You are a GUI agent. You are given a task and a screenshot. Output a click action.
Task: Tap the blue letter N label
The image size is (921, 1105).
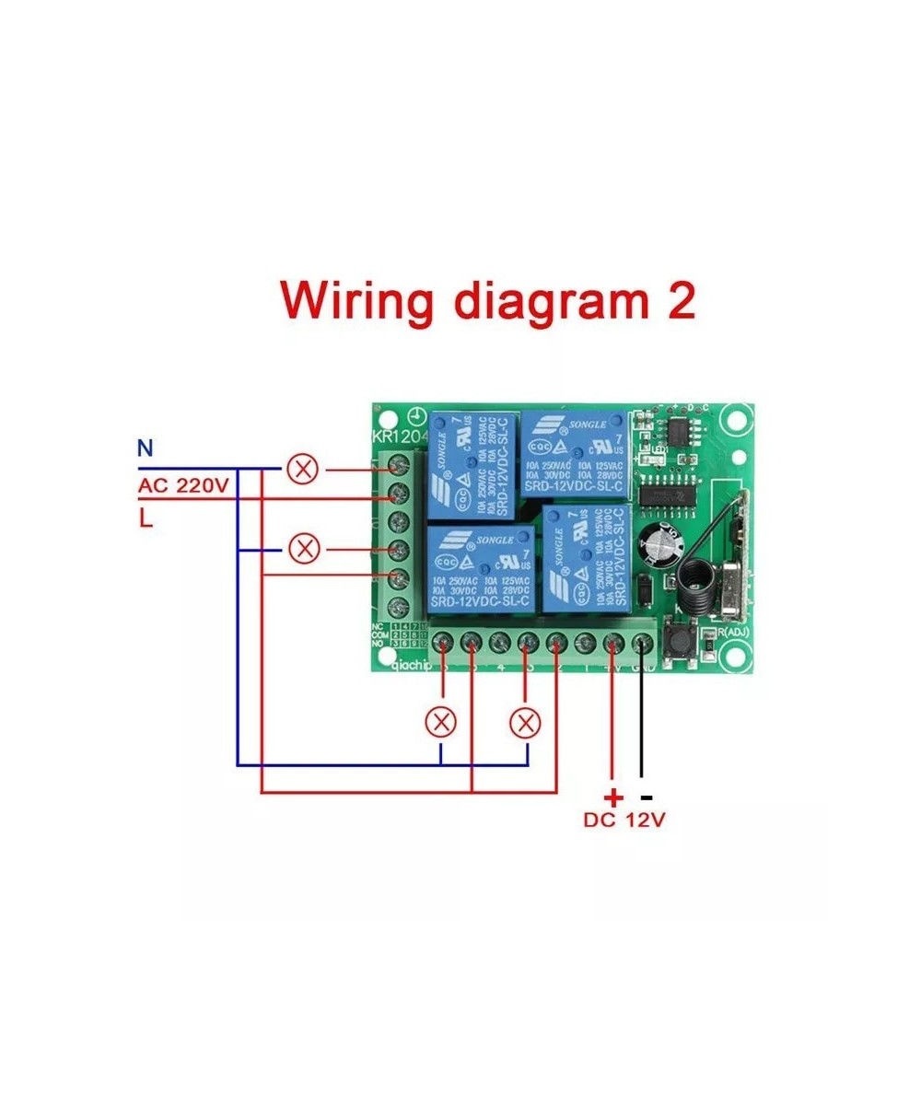click(x=145, y=449)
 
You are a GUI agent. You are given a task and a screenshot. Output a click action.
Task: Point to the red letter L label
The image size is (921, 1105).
click(x=146, y=518)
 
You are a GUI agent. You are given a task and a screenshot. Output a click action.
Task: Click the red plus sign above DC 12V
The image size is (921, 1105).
click(x=612, y=797)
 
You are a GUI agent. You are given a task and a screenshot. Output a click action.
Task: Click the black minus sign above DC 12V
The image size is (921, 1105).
click(x=647, y=797)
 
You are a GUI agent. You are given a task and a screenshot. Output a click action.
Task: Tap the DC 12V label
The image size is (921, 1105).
click(x=624, y=820)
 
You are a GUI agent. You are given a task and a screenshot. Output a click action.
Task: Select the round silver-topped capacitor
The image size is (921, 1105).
click(x=665, y=545)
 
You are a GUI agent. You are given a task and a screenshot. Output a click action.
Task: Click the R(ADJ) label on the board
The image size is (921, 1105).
click(x=734, y=632)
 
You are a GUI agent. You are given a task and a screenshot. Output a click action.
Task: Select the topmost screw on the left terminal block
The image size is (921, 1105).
click(x=399, y=462)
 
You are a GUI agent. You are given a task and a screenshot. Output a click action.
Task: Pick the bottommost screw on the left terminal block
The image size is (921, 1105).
click(x=399, y=608)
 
